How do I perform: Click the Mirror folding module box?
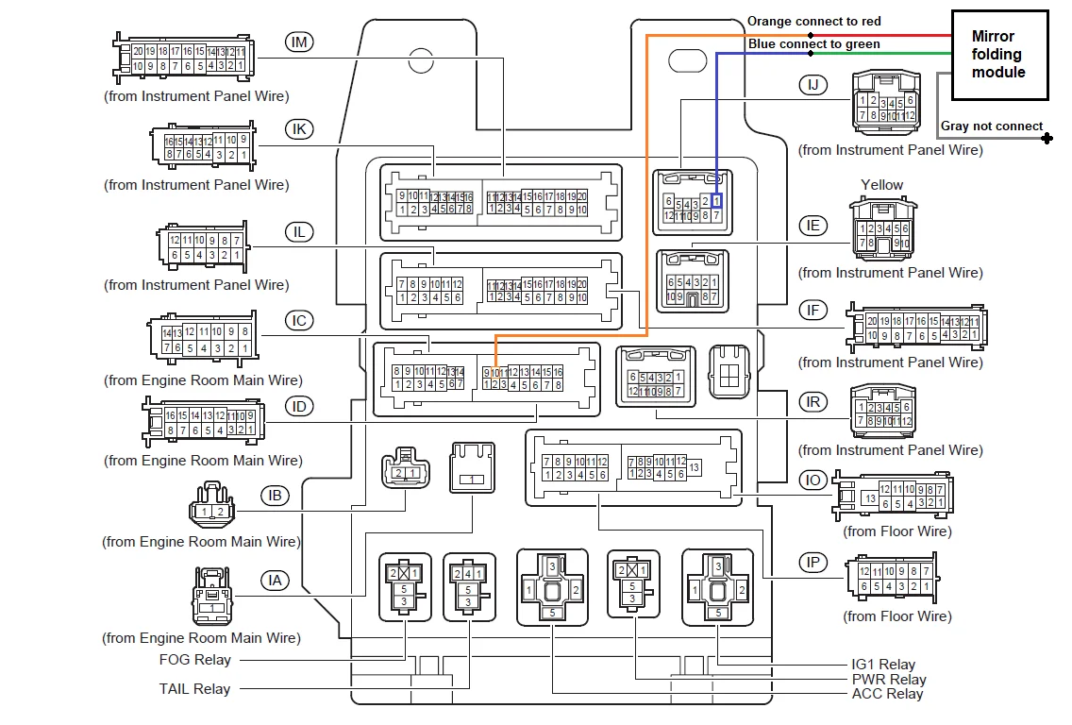click(998, 54)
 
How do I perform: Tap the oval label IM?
click(300, 42)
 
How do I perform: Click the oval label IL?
click(300, 232)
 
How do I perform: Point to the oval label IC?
click(300, 321)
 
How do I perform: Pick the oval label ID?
click(300, 407)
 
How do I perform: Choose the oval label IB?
click(276, 495)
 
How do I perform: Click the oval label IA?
click(276, 581)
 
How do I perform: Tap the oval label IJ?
click(812, 85)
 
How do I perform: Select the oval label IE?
click(812, 225)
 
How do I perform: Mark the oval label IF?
click(812, 309)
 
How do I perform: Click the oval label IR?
click(812, 401)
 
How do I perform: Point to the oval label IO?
click(812, 480)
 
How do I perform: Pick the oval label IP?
click(812, 563)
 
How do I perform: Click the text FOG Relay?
click(194, 660)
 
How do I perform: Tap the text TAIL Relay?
click(194, 689)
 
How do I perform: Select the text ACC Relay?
click(887, 694)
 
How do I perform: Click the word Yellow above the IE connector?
click(881, 185)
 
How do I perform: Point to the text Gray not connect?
click(992, 126)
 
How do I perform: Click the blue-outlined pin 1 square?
click(717, 201)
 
